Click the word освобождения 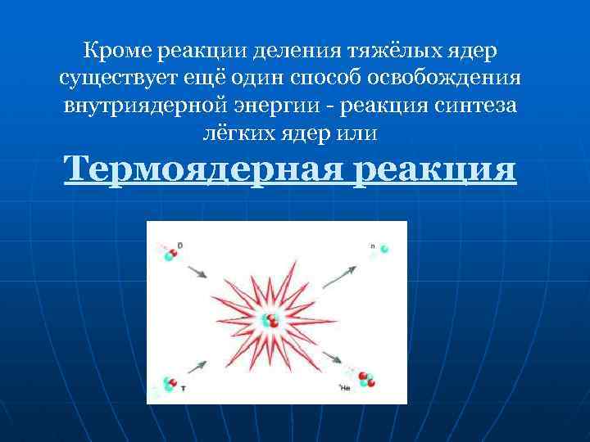coord(460,79)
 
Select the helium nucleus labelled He coord(365,380)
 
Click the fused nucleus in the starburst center coord(270,322)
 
